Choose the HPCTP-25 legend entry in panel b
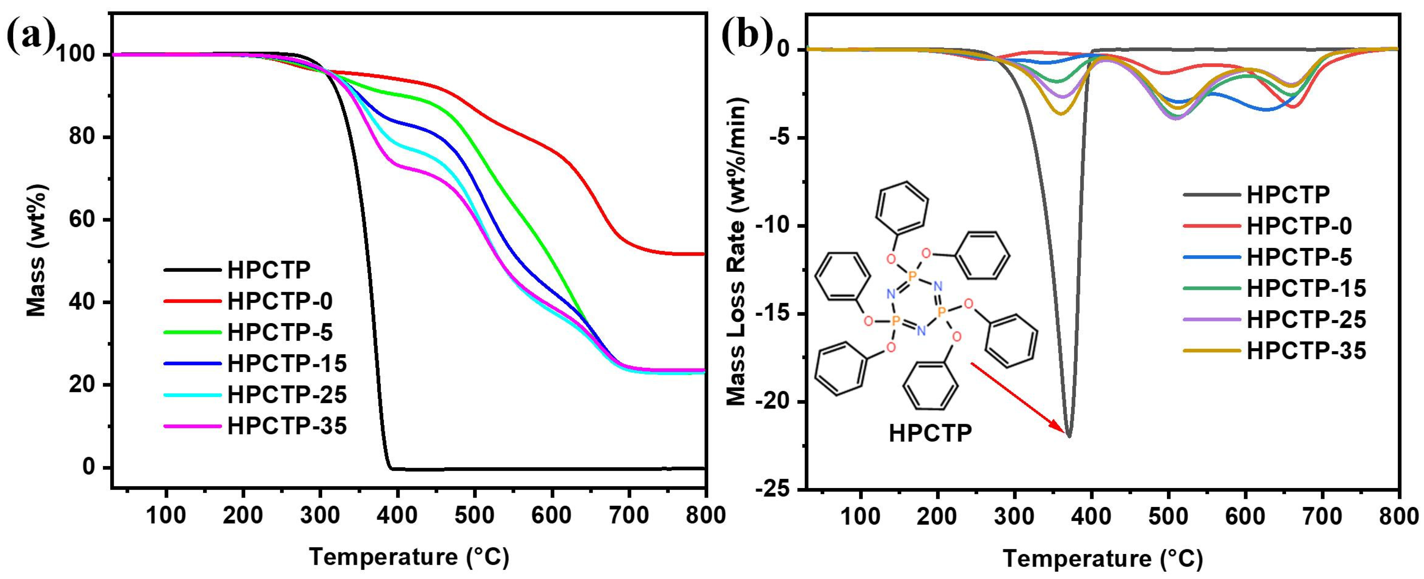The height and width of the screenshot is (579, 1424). coord(1306,319)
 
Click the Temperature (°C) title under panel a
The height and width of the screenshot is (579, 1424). coord(409,557)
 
